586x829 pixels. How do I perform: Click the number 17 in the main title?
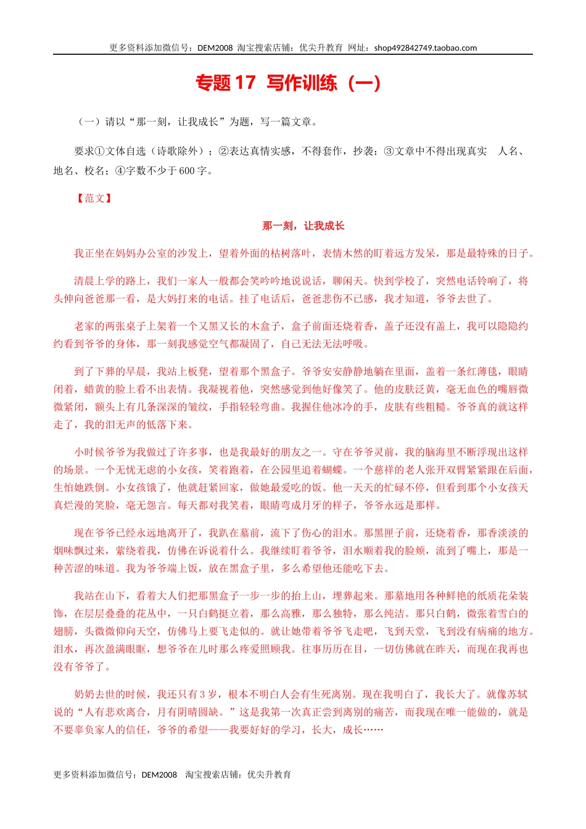pos(244,83)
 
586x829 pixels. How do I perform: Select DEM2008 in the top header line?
pos(215,48)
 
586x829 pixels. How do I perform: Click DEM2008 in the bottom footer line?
pos(159,775)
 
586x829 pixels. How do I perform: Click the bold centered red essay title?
pos(303,226)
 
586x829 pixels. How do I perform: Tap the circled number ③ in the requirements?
pos(389,151)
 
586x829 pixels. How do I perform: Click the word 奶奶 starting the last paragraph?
pos(85,695)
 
